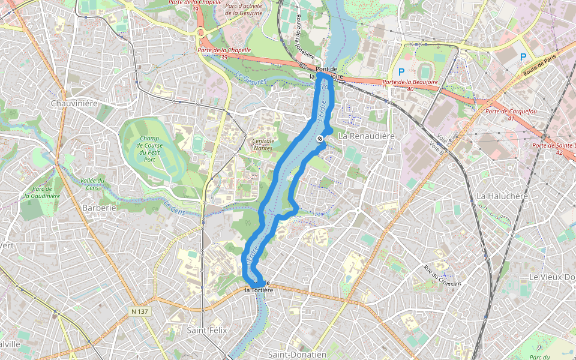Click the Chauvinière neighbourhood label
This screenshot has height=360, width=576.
[74, 103]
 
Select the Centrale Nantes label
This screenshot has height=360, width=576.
[262, 145]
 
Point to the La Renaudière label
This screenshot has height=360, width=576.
[366, 136]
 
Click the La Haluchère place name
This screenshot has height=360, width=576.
[502, 196]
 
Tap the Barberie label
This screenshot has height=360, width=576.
[99, 208]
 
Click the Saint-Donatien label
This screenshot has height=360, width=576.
[297, 355]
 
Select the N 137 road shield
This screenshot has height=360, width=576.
[139, 312]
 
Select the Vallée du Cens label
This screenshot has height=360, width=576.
[92, 184]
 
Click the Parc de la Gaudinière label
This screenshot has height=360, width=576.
[41, 192]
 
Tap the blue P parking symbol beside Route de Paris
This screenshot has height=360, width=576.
[523, 57]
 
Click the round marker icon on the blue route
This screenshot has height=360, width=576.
[320, 139]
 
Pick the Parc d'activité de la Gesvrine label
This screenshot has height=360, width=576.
[245, 8]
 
